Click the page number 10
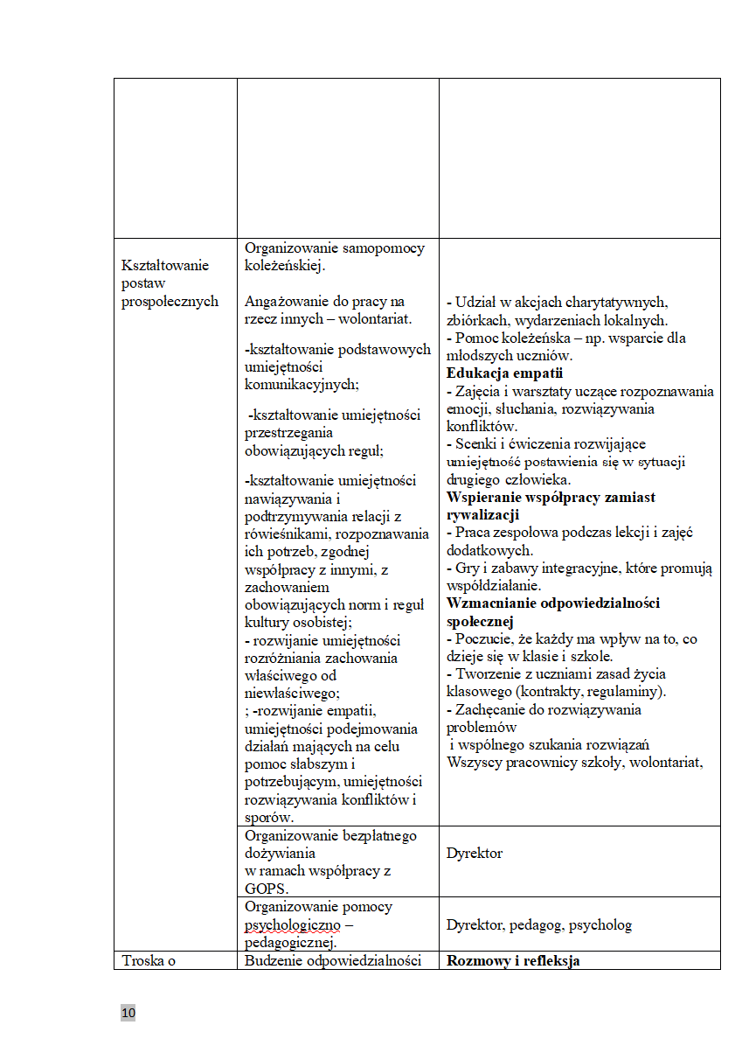click(x=128, y=1013)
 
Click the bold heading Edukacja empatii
click(x=504, y=373)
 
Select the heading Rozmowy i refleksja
click(x=513, y=961)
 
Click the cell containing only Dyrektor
click(x=475, y=853)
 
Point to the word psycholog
click(x=600, y=924)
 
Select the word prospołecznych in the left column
click(x=170, y=301)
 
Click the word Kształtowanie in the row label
click(x=166, y=266)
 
